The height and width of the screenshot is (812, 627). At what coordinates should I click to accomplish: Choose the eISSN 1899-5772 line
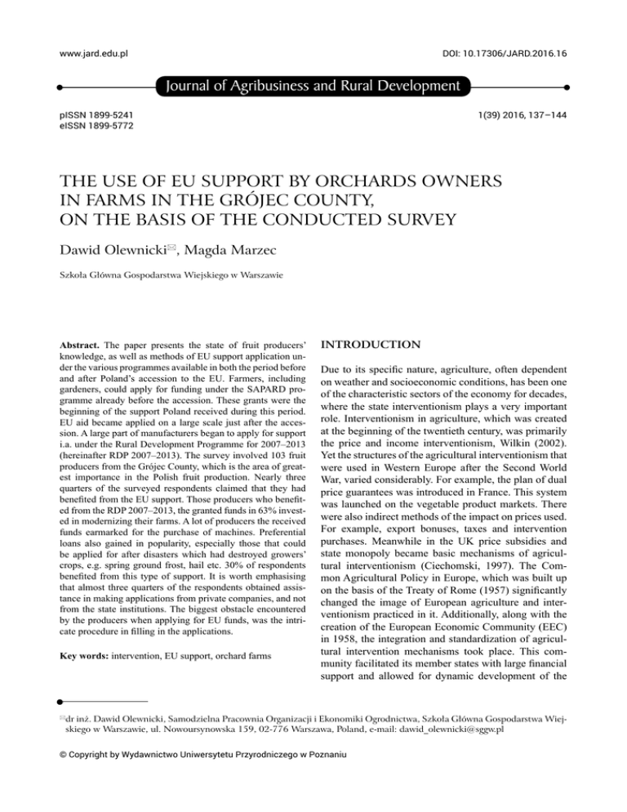[91, 129]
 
